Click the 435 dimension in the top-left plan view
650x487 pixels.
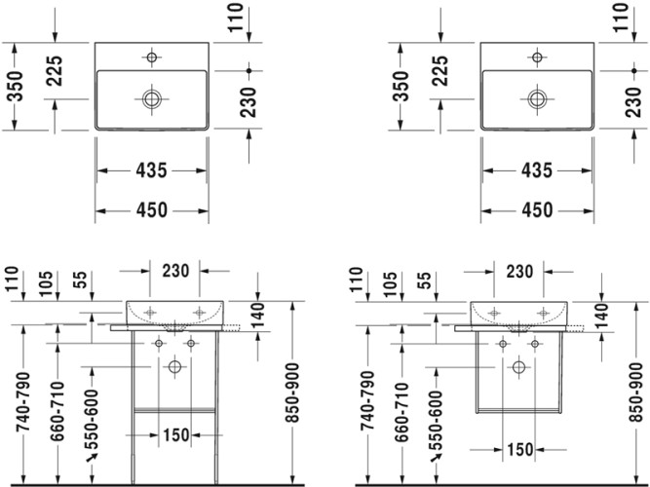point(151,170)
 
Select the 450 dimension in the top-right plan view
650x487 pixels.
point(537,209)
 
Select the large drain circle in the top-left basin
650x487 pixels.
point(152,98)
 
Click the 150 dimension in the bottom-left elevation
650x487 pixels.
point(175,434)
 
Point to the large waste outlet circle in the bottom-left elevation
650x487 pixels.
point(175,366)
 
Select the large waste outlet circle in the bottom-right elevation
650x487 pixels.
point(518,366)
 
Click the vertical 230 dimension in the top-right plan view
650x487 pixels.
point(634,100)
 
